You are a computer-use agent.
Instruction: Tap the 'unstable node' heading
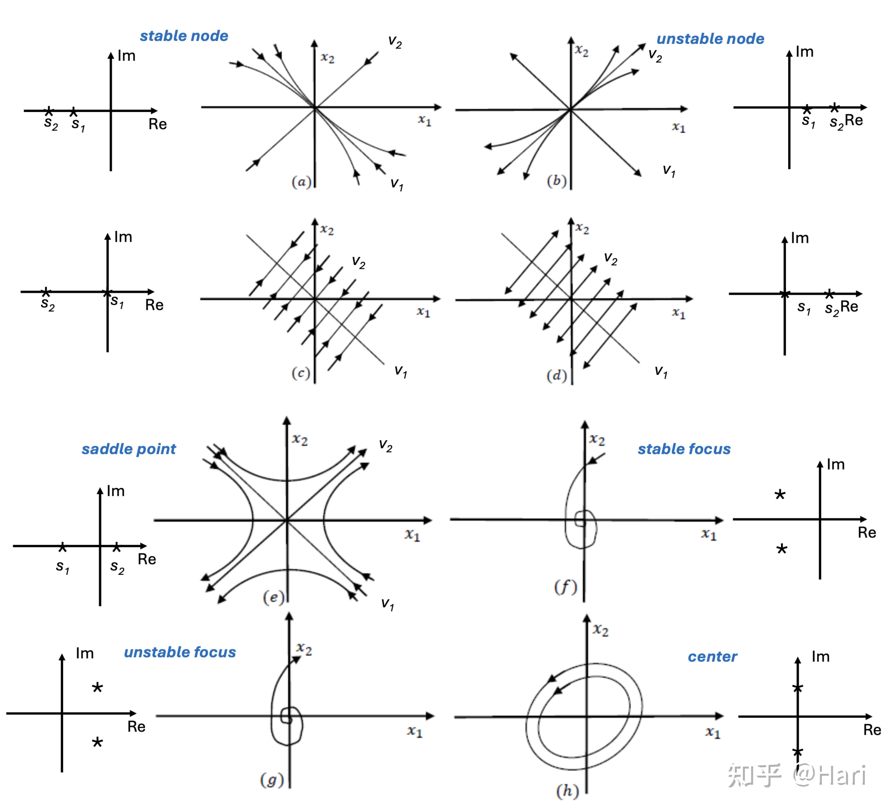coord(710,39)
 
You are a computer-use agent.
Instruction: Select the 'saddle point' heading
coord(129,449)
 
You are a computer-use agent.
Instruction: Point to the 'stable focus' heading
coord(684,449)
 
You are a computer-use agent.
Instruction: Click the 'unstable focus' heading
coord(180,652)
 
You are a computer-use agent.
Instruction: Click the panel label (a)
coord(301,182)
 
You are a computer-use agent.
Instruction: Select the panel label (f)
coord(565,587)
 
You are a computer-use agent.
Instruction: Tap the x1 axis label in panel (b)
coord(679,127)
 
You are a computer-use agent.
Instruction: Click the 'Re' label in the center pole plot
coord(872,730)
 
